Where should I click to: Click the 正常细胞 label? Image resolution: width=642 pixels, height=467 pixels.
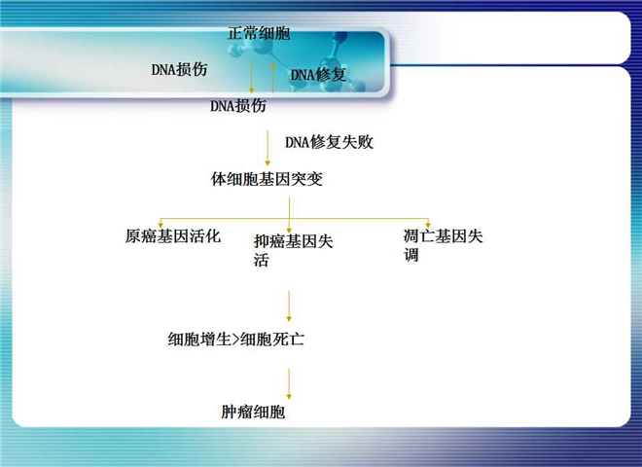[259, 33]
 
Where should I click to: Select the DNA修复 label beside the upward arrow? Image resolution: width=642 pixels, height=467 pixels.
[318, 75]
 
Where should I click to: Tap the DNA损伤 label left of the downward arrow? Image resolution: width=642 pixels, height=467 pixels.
[179, 69]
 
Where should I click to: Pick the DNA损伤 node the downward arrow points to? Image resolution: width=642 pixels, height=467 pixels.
[238, 106]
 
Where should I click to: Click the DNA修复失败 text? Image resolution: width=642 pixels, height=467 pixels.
[329, 142]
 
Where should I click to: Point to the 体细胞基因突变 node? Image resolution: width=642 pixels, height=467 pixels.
[267, 179]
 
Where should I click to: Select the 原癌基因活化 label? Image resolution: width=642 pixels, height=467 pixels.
[173, 236]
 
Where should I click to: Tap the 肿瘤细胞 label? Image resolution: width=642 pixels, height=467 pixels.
[253, 412]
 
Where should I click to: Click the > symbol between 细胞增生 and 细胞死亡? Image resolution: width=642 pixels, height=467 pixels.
[235, 340]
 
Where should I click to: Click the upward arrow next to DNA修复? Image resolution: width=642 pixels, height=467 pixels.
[272, 78]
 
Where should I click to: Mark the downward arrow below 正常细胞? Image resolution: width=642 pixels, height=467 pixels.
[251, 78]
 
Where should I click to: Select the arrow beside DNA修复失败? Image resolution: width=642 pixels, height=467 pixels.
[267, 148]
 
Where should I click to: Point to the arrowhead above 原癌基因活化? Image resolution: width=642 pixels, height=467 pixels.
[160, 225]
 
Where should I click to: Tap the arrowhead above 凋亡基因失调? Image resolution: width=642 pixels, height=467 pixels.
[428, 225]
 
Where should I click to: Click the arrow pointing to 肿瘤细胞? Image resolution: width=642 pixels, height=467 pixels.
[289, 384]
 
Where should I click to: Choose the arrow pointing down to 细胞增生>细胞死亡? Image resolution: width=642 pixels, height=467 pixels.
[289, 306]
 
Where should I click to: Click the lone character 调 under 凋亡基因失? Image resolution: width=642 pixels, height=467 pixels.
[411, 255]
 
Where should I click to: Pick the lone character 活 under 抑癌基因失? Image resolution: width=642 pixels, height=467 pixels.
[262, 260]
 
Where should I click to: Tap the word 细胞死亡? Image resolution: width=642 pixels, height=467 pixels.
[272, 340]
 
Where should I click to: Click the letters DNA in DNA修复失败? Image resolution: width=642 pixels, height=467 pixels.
[298, 142]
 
